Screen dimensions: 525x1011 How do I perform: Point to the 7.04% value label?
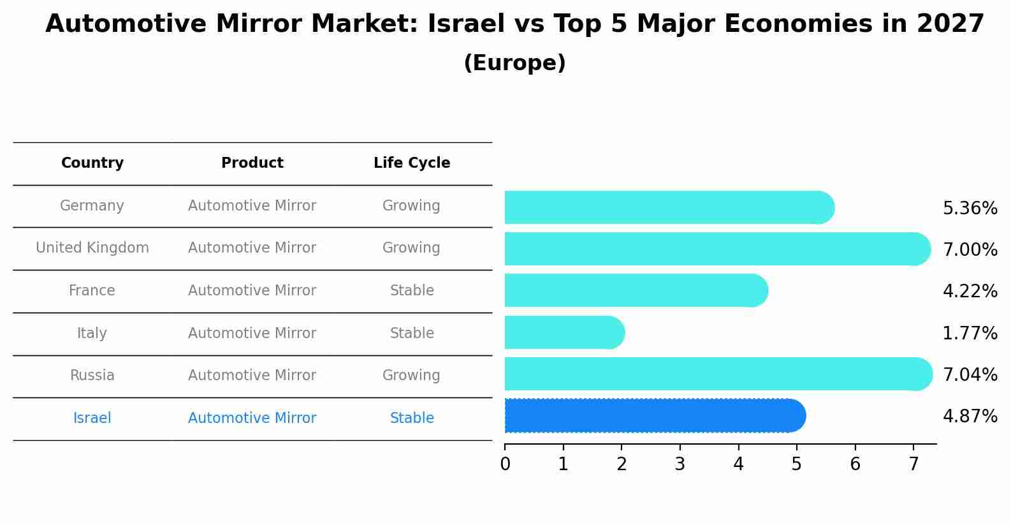click(x=970, y=374)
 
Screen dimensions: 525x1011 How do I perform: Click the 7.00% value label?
click(x=970, y=249)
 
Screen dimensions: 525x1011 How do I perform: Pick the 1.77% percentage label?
click(x=970, y=333)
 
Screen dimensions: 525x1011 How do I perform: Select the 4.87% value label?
click(x=970, y=417)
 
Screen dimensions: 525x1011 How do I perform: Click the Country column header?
click(x=92, y=163)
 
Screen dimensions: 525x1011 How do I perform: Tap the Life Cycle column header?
click(x=412, y=163)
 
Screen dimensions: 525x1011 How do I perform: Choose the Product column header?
click(x=252, y=163)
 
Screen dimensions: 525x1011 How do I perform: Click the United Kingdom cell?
click(x=92, y=248)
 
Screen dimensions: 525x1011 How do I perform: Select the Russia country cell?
click(x=92, y=376)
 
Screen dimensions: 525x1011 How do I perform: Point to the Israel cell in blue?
click(x=92, y=418)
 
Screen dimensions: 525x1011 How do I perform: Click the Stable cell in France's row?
click(x=412, y=291)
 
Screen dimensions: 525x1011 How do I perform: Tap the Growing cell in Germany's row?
click(x=411, y=206)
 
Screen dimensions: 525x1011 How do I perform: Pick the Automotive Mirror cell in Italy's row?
click(x=252, y=334)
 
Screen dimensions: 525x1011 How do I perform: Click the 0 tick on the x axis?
click(x=505, y=464)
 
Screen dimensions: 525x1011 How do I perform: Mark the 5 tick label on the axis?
click(x=797, y=464)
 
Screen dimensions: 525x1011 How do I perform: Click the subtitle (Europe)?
click(x=514, y=63)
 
